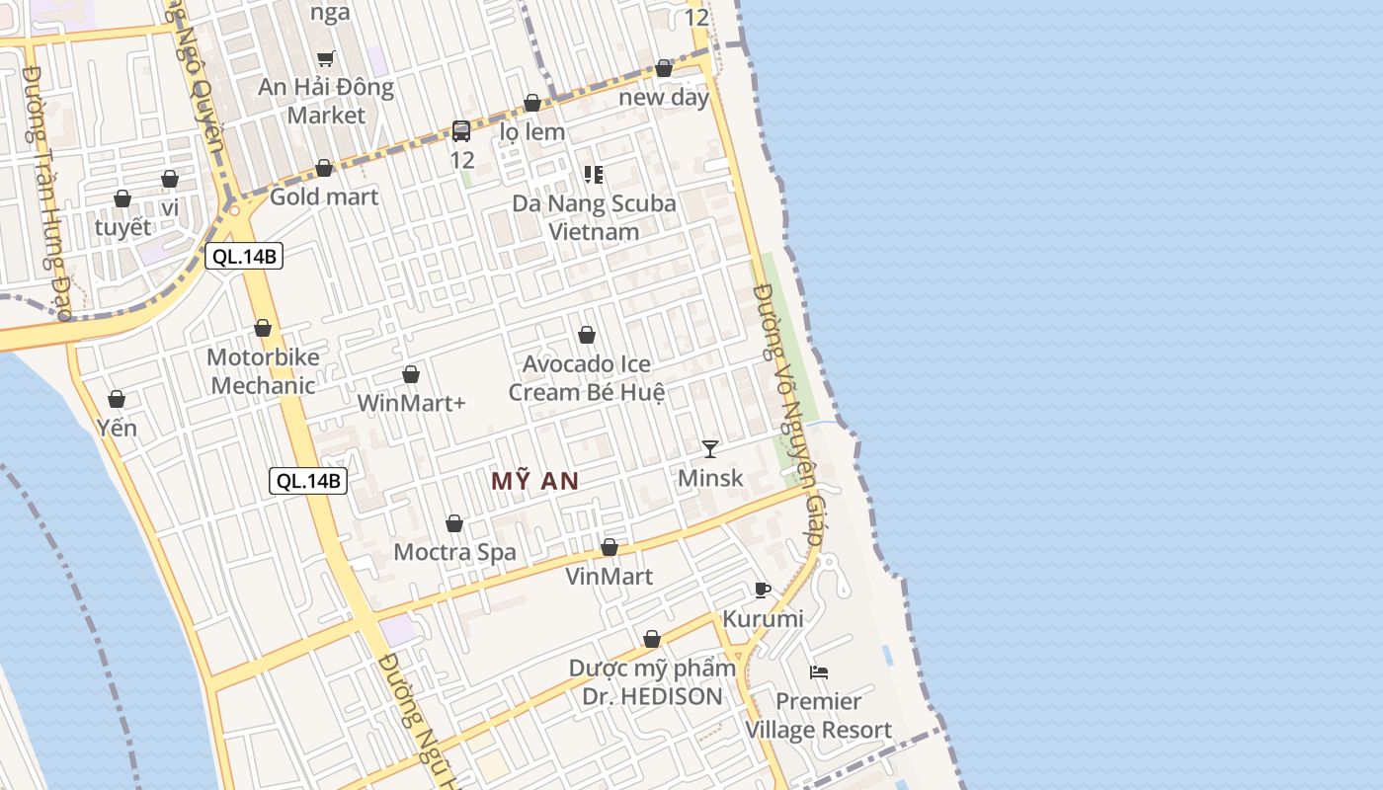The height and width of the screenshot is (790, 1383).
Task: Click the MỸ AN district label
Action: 534,481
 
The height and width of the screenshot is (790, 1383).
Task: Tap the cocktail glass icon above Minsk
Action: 710,449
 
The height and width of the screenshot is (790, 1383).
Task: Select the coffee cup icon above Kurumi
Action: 763,590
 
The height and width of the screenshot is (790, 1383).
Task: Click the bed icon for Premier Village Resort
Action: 818,672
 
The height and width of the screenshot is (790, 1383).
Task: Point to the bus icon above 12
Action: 461,130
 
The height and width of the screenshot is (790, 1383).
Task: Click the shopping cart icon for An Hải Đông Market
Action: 326,58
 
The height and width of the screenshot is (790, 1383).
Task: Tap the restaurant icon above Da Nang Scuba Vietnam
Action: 594,175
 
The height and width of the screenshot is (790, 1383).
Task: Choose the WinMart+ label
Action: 411,403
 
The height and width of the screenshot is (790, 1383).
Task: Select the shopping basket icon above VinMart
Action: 610,547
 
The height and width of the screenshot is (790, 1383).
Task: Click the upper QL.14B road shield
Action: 244,257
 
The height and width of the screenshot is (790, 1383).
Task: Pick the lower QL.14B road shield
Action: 309,481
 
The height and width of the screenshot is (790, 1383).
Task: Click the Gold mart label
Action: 324,197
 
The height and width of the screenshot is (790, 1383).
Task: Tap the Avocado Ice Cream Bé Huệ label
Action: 587,378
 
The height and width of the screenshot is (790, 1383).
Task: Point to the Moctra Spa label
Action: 454,552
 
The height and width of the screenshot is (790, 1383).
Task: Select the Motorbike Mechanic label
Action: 263,371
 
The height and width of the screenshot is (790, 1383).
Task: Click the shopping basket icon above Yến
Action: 117,399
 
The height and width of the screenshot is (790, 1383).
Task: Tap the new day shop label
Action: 664,97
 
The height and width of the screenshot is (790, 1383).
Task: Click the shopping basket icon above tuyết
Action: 122,198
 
